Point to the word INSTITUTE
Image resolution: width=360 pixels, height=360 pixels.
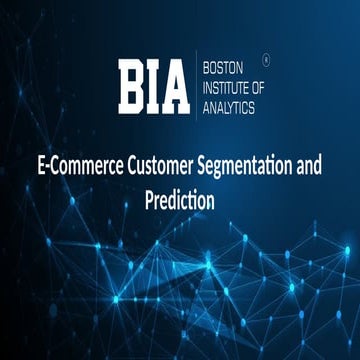pyautogui.click(x=226, y=88)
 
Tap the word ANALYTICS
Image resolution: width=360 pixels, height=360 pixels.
pyautogui.click(x=230, y=103)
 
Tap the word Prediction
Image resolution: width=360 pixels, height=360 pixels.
pyautogui.click(x=180, y=198)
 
